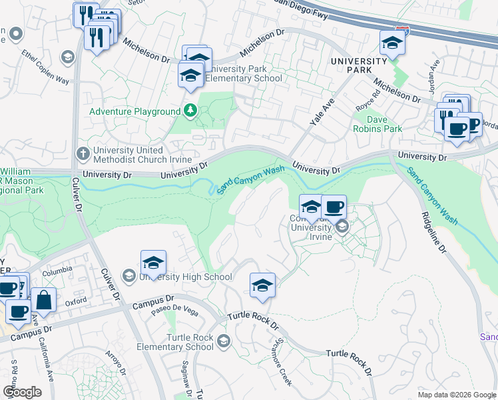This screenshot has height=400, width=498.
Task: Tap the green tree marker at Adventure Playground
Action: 191,111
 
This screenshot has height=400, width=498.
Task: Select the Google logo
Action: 22,391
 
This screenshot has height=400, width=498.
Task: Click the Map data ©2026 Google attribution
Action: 457,394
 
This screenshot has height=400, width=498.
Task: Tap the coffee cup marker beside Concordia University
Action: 334,207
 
